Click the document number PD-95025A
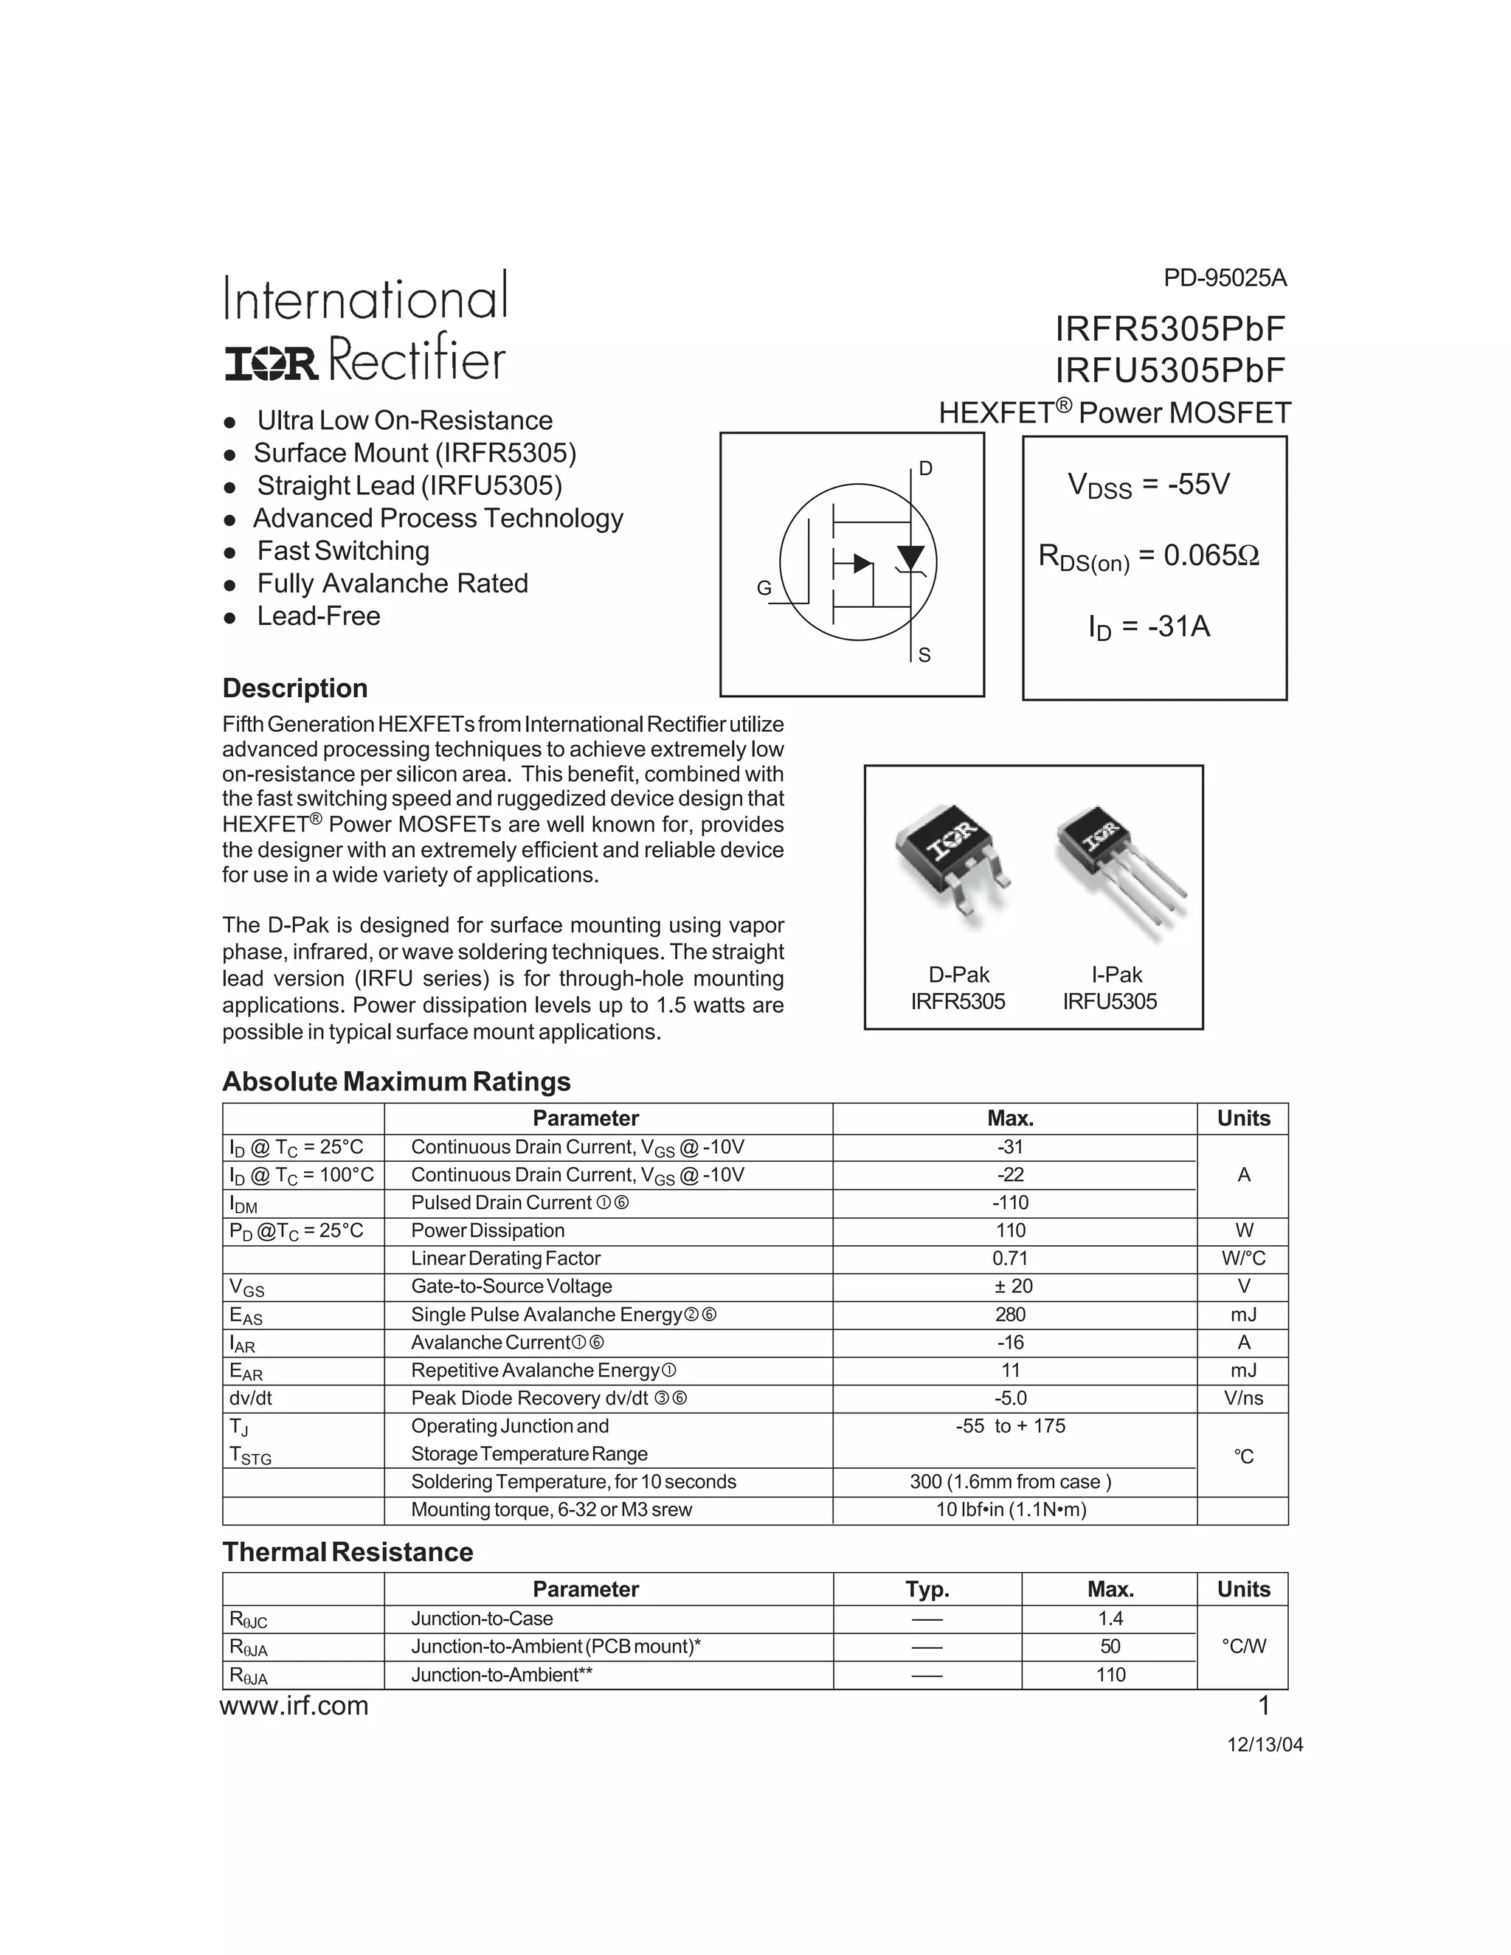point(1224,278)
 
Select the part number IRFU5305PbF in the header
point(1169,370)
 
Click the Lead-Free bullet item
point(318,616)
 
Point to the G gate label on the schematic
point(764,588)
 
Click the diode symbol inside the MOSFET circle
point(910,558)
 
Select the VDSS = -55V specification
point(1149,485)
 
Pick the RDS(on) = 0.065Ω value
point(1149,557)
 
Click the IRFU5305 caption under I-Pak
point(1109,1002)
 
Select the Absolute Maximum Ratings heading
point(395,1082)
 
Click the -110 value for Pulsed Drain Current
point(1010,1203)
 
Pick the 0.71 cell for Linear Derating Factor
point(1010,1258)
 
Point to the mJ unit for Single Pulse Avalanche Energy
point(1242,1314)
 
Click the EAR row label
point(246,1371)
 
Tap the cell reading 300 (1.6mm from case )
point(1010,1481)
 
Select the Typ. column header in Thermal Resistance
point(927,1589)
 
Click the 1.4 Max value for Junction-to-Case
point(1110,1619)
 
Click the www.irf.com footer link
point(294,1706)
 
